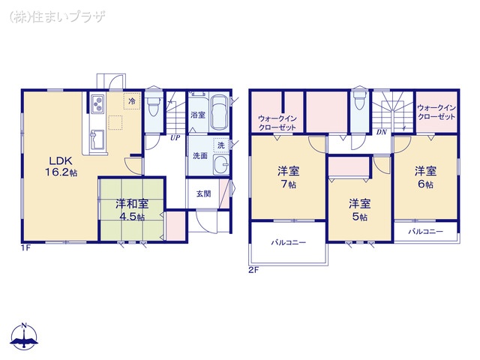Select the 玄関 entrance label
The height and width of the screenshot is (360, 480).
click(x=203, y=193)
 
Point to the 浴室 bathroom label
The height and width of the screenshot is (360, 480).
click(x=197, y=115)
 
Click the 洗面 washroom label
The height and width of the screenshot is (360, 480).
click(x=199, y=156)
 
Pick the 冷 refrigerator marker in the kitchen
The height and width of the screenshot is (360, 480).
click(x=131, y=100)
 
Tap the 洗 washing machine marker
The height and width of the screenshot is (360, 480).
click(x=220, y=144)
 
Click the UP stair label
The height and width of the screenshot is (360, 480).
click(x=175, y=138)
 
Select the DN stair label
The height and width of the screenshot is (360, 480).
click(x=381, y=132)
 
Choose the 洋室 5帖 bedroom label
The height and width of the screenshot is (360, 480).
click(x=358, y=209)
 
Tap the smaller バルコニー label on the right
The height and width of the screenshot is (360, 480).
click(x=425, y=232)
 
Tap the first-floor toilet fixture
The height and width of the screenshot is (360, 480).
click(x=154, y=105)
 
